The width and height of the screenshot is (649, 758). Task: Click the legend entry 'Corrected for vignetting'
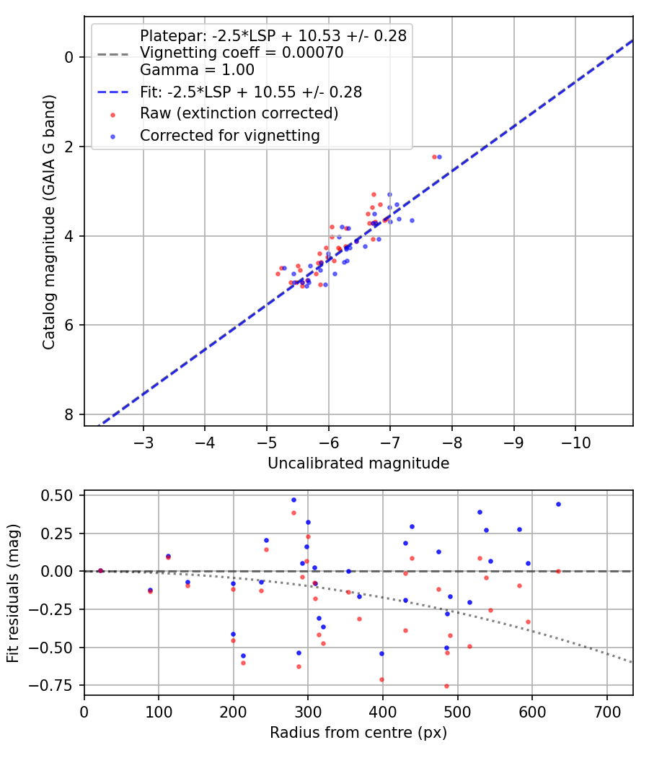click(230, 136)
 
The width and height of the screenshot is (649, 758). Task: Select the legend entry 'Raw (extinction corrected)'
click(239, 113)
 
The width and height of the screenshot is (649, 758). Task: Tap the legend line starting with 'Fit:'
click(251, 92)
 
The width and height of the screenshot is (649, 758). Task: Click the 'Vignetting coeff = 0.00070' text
click(242, 52)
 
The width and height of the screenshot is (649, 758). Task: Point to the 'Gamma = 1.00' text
click(197, 69)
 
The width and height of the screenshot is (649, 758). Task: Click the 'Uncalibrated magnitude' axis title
click(358, 463)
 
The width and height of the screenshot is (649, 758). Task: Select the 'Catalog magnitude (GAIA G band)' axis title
click(49, 222)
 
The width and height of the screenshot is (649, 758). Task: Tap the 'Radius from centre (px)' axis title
click(358, 733)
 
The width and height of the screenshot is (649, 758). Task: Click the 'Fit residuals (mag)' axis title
click(13, 593)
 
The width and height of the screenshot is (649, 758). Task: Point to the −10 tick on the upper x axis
click(575, 443)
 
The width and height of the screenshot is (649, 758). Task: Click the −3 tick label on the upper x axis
click(143, 443)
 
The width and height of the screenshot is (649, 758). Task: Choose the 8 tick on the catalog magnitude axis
click(69, 415)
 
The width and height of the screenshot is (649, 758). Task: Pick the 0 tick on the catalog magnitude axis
click(69, 57)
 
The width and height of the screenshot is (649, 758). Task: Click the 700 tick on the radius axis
click(606, 712)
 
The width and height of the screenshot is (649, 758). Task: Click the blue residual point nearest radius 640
click(558, 504)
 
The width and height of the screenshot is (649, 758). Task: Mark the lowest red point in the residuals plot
click(446, 686)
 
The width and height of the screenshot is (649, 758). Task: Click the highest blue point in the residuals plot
click(293, 500)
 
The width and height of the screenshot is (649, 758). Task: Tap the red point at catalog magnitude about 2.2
click(434, 157)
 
